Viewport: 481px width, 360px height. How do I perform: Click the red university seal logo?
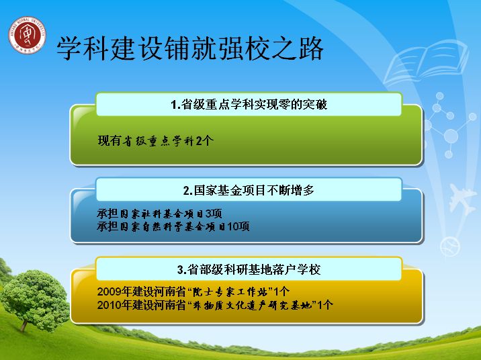(28, 36)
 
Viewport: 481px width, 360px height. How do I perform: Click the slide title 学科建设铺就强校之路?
(190, 48)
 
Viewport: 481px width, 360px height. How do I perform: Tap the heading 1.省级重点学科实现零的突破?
(249, 105)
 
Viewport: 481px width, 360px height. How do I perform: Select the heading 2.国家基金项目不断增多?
(249, 191)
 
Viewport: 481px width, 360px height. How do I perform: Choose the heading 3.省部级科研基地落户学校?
(249, 269)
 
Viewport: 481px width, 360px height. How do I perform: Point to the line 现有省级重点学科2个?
(156, 141)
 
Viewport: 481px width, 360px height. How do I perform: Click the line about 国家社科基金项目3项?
(159, 214)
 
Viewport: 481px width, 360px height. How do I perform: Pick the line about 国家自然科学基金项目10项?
(173, 226)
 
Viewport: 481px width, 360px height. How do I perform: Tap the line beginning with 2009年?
(193, 291)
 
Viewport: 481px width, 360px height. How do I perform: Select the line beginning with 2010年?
(215, 305)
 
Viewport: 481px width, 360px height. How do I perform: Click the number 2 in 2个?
(199, 141)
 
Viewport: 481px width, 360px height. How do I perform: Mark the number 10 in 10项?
(233, 226)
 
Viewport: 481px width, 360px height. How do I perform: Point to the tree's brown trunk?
(24, 325)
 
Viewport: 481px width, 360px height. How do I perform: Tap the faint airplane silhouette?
(462, 199)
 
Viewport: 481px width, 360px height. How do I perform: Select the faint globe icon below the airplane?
(449, 247)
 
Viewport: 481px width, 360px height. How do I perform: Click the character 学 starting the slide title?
(69, 48)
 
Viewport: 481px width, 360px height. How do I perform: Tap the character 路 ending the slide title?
(311, 48)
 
